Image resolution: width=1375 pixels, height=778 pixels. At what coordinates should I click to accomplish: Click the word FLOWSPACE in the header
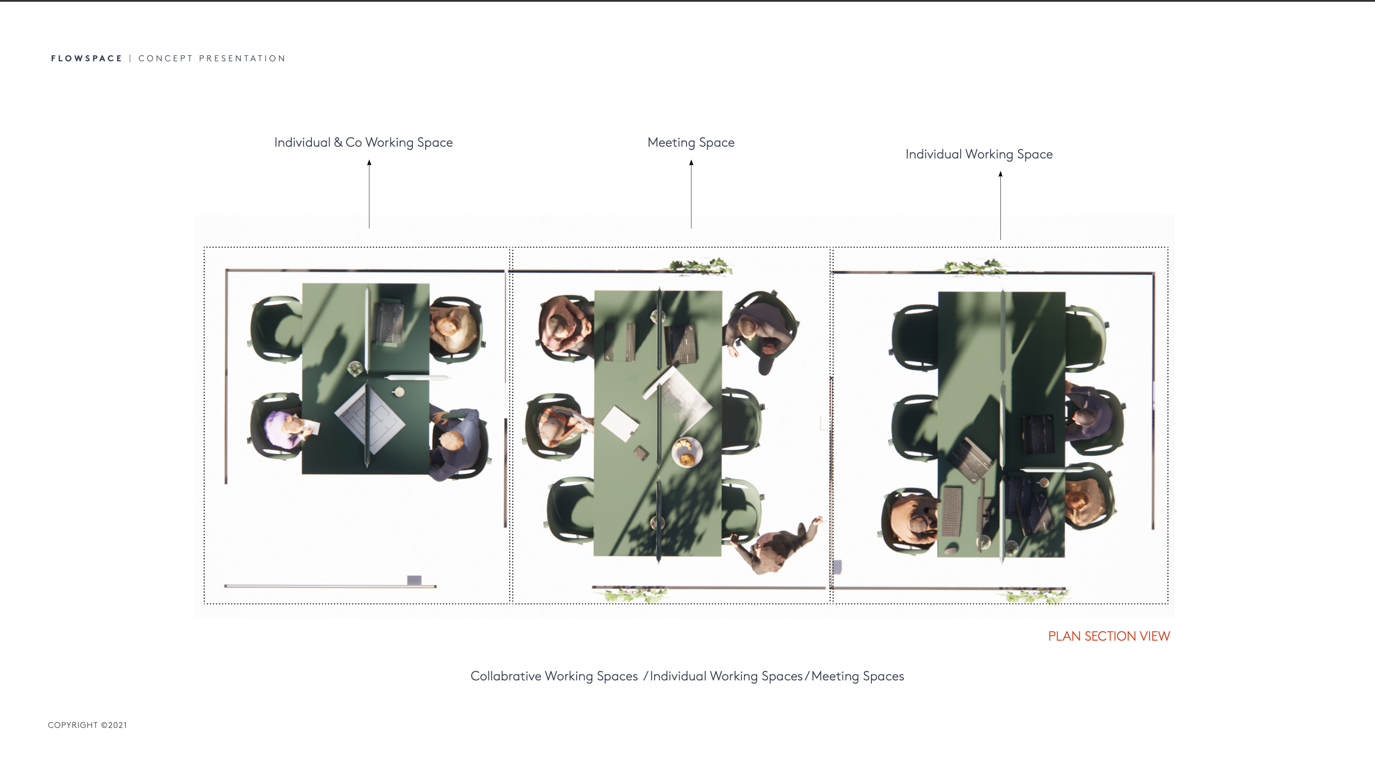(86, 58)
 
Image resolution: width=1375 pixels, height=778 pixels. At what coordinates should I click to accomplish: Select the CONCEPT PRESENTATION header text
(212, 58)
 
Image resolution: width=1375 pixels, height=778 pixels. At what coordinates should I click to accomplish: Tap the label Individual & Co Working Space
(363, 142)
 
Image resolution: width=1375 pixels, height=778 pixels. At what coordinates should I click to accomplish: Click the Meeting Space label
(691, 142)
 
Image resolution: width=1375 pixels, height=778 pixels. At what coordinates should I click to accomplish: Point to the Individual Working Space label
(979, 154)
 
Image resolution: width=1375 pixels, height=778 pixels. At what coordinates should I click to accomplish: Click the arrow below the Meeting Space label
(691, 194)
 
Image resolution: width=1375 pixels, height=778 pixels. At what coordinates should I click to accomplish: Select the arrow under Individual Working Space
(1000, 206)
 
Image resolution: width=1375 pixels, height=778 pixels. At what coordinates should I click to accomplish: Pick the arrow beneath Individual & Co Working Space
(369, 194)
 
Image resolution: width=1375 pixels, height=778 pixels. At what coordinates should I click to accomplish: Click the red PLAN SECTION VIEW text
(1109, 636)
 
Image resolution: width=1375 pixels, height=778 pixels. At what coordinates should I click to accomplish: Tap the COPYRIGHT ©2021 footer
(87, 725)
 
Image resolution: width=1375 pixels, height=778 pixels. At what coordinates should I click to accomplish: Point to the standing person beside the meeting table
(780, 545)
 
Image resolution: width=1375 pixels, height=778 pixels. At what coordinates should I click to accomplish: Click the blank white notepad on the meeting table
(619, 423)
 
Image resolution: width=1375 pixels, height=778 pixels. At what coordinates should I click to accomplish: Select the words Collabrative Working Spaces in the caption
(554, 676)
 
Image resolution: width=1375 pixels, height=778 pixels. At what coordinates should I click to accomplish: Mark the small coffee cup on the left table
(398, 391)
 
